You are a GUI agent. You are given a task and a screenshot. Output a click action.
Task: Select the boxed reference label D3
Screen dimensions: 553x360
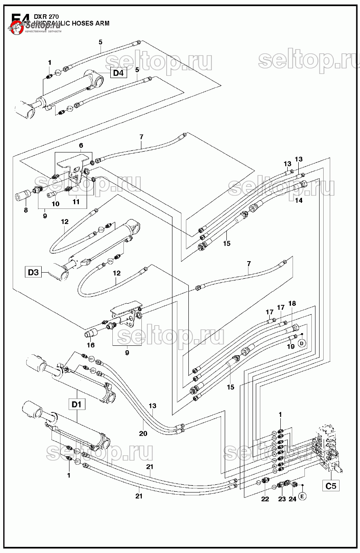(x=34, y=272)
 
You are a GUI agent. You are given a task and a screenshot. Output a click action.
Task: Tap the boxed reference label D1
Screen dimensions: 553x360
(x=77, y=405)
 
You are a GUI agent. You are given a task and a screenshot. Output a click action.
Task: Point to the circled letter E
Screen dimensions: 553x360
(x=302, y=496)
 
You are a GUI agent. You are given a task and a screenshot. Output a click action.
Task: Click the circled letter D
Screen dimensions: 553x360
(x=302, y=343)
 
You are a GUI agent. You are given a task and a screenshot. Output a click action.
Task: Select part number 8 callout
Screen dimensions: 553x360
(x=26, y=210)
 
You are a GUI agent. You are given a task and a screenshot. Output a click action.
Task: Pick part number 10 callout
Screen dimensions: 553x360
(x=56, y=204)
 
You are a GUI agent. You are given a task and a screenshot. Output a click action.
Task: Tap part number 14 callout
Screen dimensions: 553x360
(x=299, y=201)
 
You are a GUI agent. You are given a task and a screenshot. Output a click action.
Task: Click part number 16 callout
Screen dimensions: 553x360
(x=90, y=345)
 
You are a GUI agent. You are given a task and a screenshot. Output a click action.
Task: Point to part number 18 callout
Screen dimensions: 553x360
(x=292, y=303)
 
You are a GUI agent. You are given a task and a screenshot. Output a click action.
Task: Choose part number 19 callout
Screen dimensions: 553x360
(x=291, y=347)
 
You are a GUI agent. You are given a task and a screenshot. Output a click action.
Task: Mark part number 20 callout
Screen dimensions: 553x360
(x=143, y=434)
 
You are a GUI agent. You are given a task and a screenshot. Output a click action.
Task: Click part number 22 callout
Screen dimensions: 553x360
(x=265, y=499)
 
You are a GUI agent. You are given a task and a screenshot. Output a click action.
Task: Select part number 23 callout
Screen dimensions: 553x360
(x=282, y=499)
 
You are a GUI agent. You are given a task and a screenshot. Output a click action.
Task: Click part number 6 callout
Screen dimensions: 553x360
(x=81, y=146)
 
